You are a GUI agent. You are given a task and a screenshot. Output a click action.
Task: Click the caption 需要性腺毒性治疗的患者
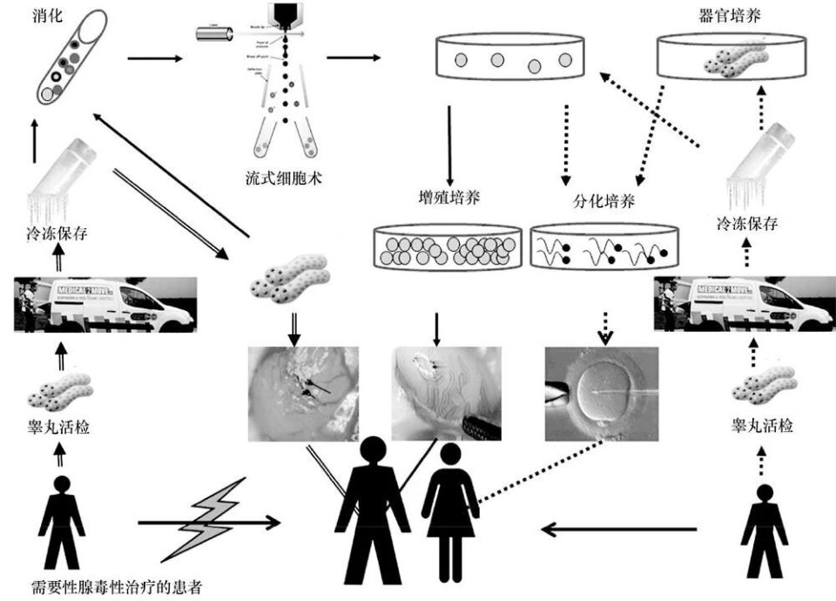point(104,587)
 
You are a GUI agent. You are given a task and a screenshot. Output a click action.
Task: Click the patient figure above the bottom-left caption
point(61,523)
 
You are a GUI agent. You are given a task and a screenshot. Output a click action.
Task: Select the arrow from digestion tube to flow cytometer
point(154,59)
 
